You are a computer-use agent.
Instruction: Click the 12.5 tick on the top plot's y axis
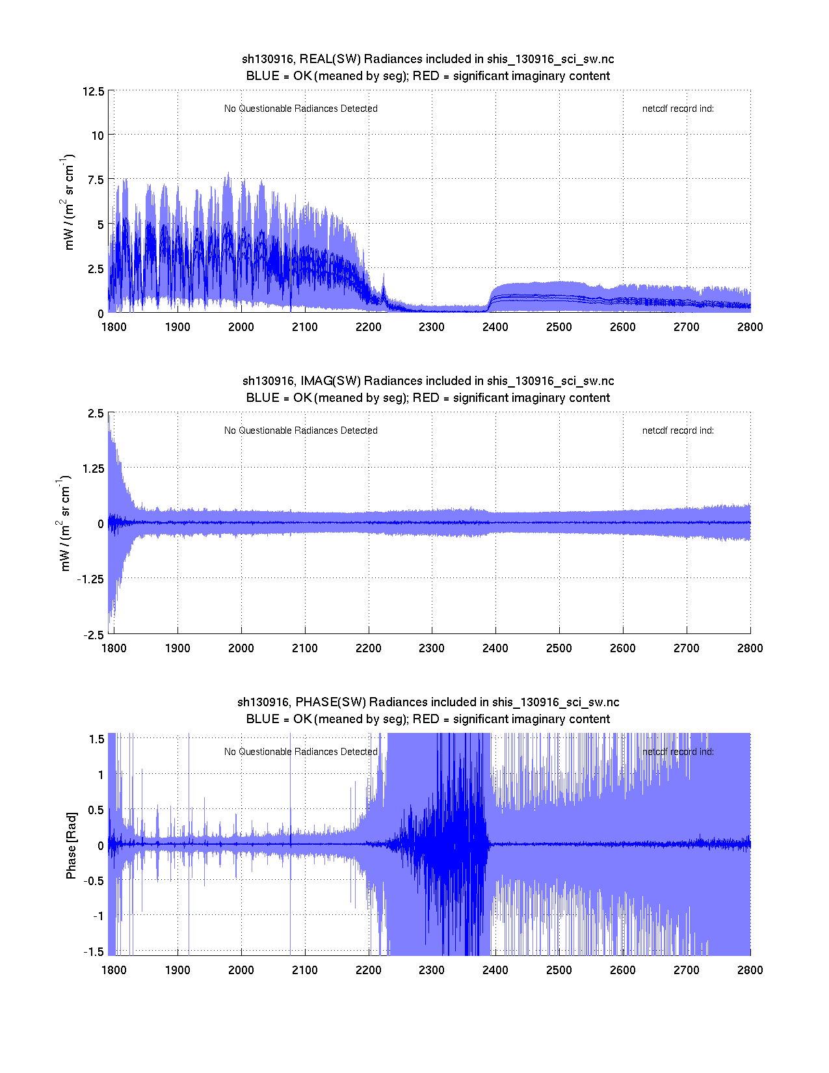click(93, 91)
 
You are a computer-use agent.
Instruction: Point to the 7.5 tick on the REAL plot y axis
click(96, 180)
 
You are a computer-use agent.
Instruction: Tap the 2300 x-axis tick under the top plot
click(432, 326)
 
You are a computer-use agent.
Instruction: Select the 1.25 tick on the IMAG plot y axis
click(92, 468)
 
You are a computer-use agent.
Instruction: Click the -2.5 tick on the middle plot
click(93, 635)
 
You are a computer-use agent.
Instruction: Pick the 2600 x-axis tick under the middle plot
click(623, 648)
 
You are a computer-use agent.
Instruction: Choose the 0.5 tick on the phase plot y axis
click(96, 810)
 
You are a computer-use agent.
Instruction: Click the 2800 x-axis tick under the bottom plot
click(750, 970)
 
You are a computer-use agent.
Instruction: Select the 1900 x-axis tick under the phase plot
click(178, 970)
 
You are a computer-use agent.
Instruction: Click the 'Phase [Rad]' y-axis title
click(71, 845)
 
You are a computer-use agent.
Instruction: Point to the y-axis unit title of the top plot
click(69, 202)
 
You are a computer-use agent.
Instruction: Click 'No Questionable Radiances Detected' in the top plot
click(300, 109)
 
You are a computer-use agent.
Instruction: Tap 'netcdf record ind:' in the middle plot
click(678, 431)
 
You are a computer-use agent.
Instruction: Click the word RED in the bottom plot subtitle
click(425, 719)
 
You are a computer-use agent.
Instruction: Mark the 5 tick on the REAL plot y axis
click(100, 224)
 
